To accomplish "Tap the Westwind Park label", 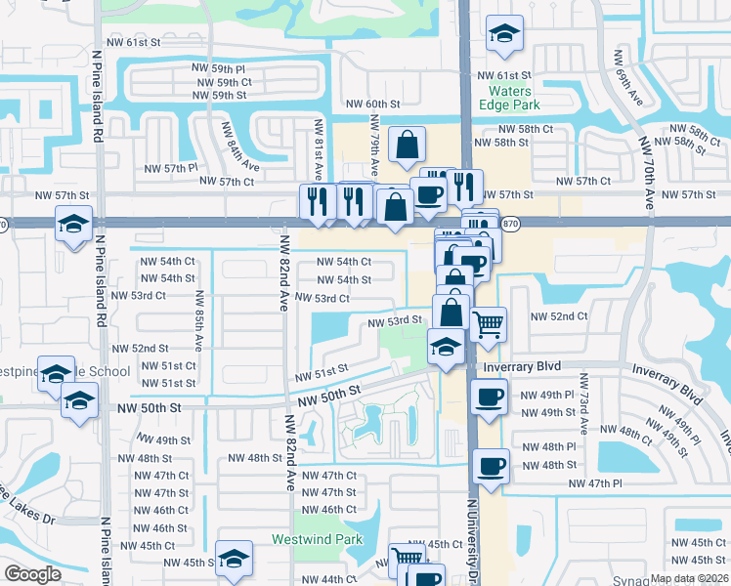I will pos(317,539).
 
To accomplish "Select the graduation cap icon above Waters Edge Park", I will pos(504,35).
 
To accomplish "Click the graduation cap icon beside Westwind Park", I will pos(234,560).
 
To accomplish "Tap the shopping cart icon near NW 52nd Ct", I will pos(488,323).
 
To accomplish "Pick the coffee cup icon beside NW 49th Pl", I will pos(490,398).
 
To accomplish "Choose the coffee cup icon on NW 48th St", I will pos(491,466).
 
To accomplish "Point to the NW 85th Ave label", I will pos(197,321).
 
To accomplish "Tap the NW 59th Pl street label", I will pos(219,68).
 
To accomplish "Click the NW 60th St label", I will pos(370,104).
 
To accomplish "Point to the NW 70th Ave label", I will pos(646,173).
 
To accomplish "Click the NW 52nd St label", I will pos(141,348).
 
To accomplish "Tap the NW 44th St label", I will pos(324,579).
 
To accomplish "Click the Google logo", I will pos(32,573).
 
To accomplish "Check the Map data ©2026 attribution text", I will pos(689,578).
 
